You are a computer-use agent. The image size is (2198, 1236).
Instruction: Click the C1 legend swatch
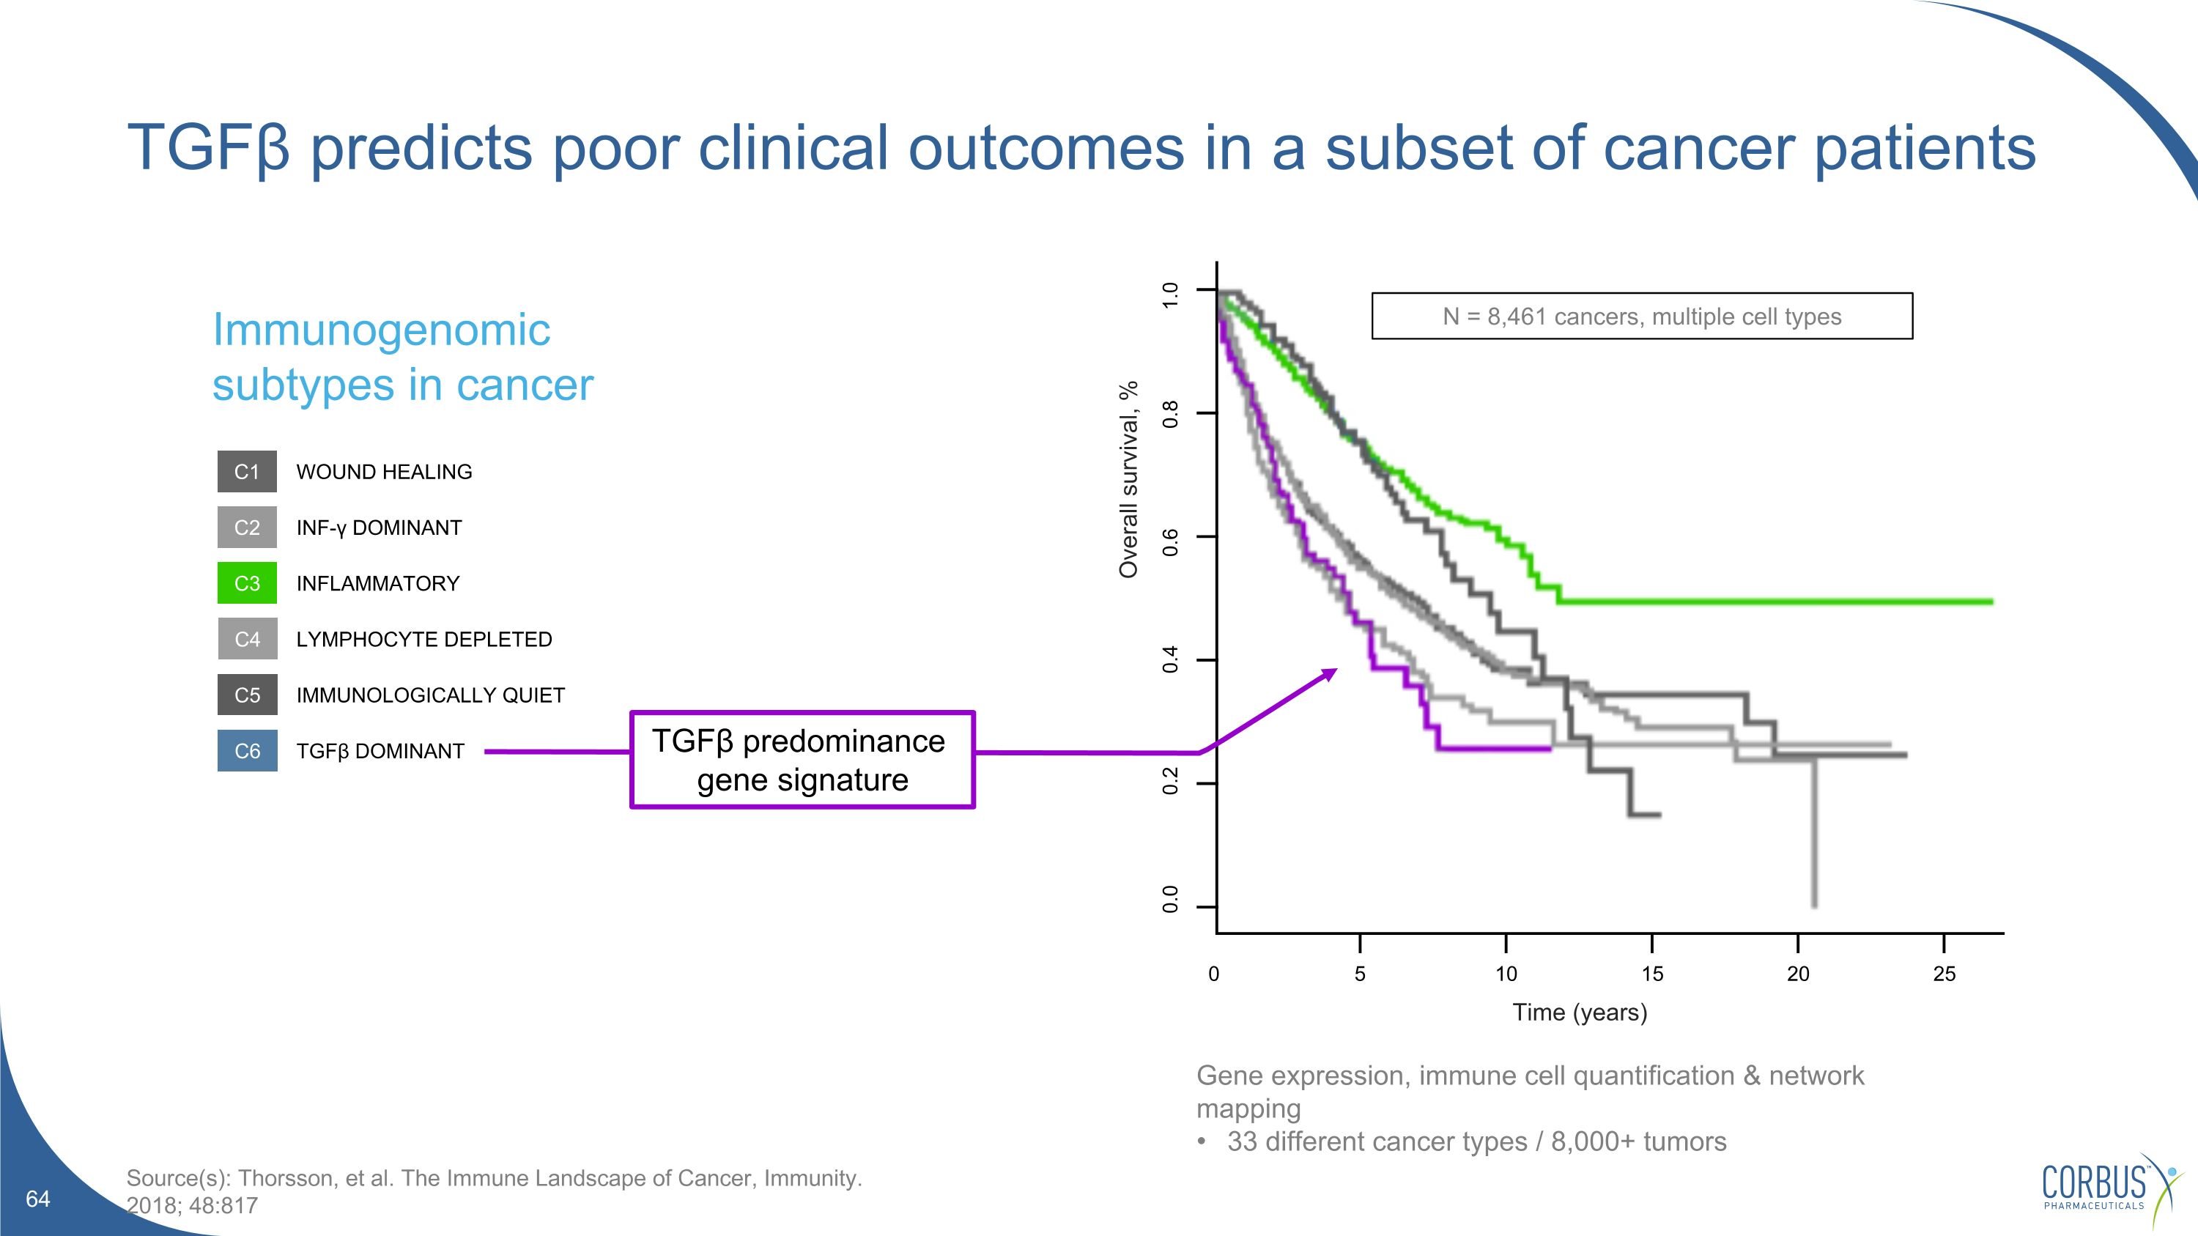pos(247,472)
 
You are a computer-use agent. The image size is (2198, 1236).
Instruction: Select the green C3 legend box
pos(247,583)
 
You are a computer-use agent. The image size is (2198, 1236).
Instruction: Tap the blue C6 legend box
pos(247,751)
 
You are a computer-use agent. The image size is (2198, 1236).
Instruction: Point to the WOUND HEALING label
pos(384,472)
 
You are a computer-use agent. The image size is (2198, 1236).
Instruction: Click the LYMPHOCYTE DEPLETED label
pos(424,639)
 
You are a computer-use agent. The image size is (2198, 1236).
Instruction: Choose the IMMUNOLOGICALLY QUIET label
pos(430,695)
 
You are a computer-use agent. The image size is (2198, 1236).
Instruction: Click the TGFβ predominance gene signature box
pos(802,759)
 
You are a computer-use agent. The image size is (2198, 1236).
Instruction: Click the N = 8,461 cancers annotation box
pos(1642,317)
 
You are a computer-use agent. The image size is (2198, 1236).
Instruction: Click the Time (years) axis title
pos(1580,1013)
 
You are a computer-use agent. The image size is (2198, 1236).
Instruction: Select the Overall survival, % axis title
pos(1128,479)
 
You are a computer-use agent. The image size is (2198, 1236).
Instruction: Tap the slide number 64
pos(38,1199)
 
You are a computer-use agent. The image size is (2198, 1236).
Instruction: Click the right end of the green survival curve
pos(1990,602)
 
